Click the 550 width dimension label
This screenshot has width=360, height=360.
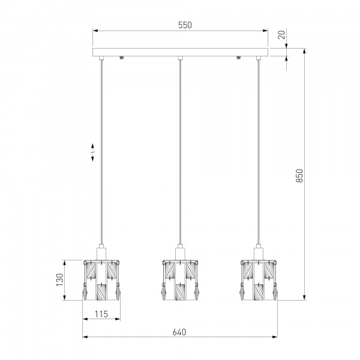point(185,25)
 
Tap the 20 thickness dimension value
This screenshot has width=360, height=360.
point(281,35)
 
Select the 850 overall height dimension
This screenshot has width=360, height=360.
point(299,176)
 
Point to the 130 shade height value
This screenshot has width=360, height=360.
point(59,280)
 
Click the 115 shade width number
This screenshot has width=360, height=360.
point(101,314)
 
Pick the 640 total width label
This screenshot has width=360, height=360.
point(179,332)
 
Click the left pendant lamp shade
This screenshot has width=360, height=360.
point(101,280)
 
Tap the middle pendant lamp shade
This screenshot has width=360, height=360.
point(180,280)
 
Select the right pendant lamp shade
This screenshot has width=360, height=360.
point(259,280)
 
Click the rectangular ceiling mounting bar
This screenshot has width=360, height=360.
point(180,52)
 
